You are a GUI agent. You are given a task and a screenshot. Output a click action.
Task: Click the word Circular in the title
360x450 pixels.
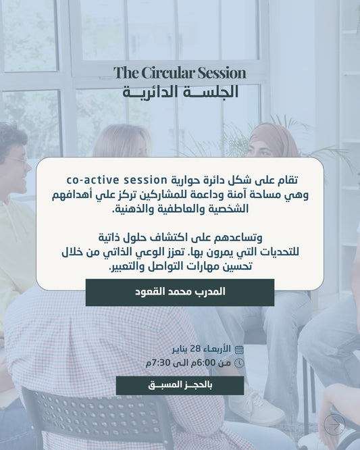click(162, 73)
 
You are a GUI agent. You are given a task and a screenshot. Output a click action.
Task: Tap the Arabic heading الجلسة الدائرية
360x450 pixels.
click(180, 92)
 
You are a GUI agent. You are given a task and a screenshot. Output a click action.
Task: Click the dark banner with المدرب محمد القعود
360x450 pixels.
click(180, 292)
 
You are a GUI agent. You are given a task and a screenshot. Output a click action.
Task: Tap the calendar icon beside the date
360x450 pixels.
click(238, 349)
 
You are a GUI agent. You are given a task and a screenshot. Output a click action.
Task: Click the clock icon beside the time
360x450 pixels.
click(238, 363)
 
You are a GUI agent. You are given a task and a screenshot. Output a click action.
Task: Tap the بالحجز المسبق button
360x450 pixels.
click(180, 385)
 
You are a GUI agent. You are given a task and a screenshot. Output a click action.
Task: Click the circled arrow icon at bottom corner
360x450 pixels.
click(334, 424)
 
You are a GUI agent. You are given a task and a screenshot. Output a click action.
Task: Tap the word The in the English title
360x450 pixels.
click(125, 73)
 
